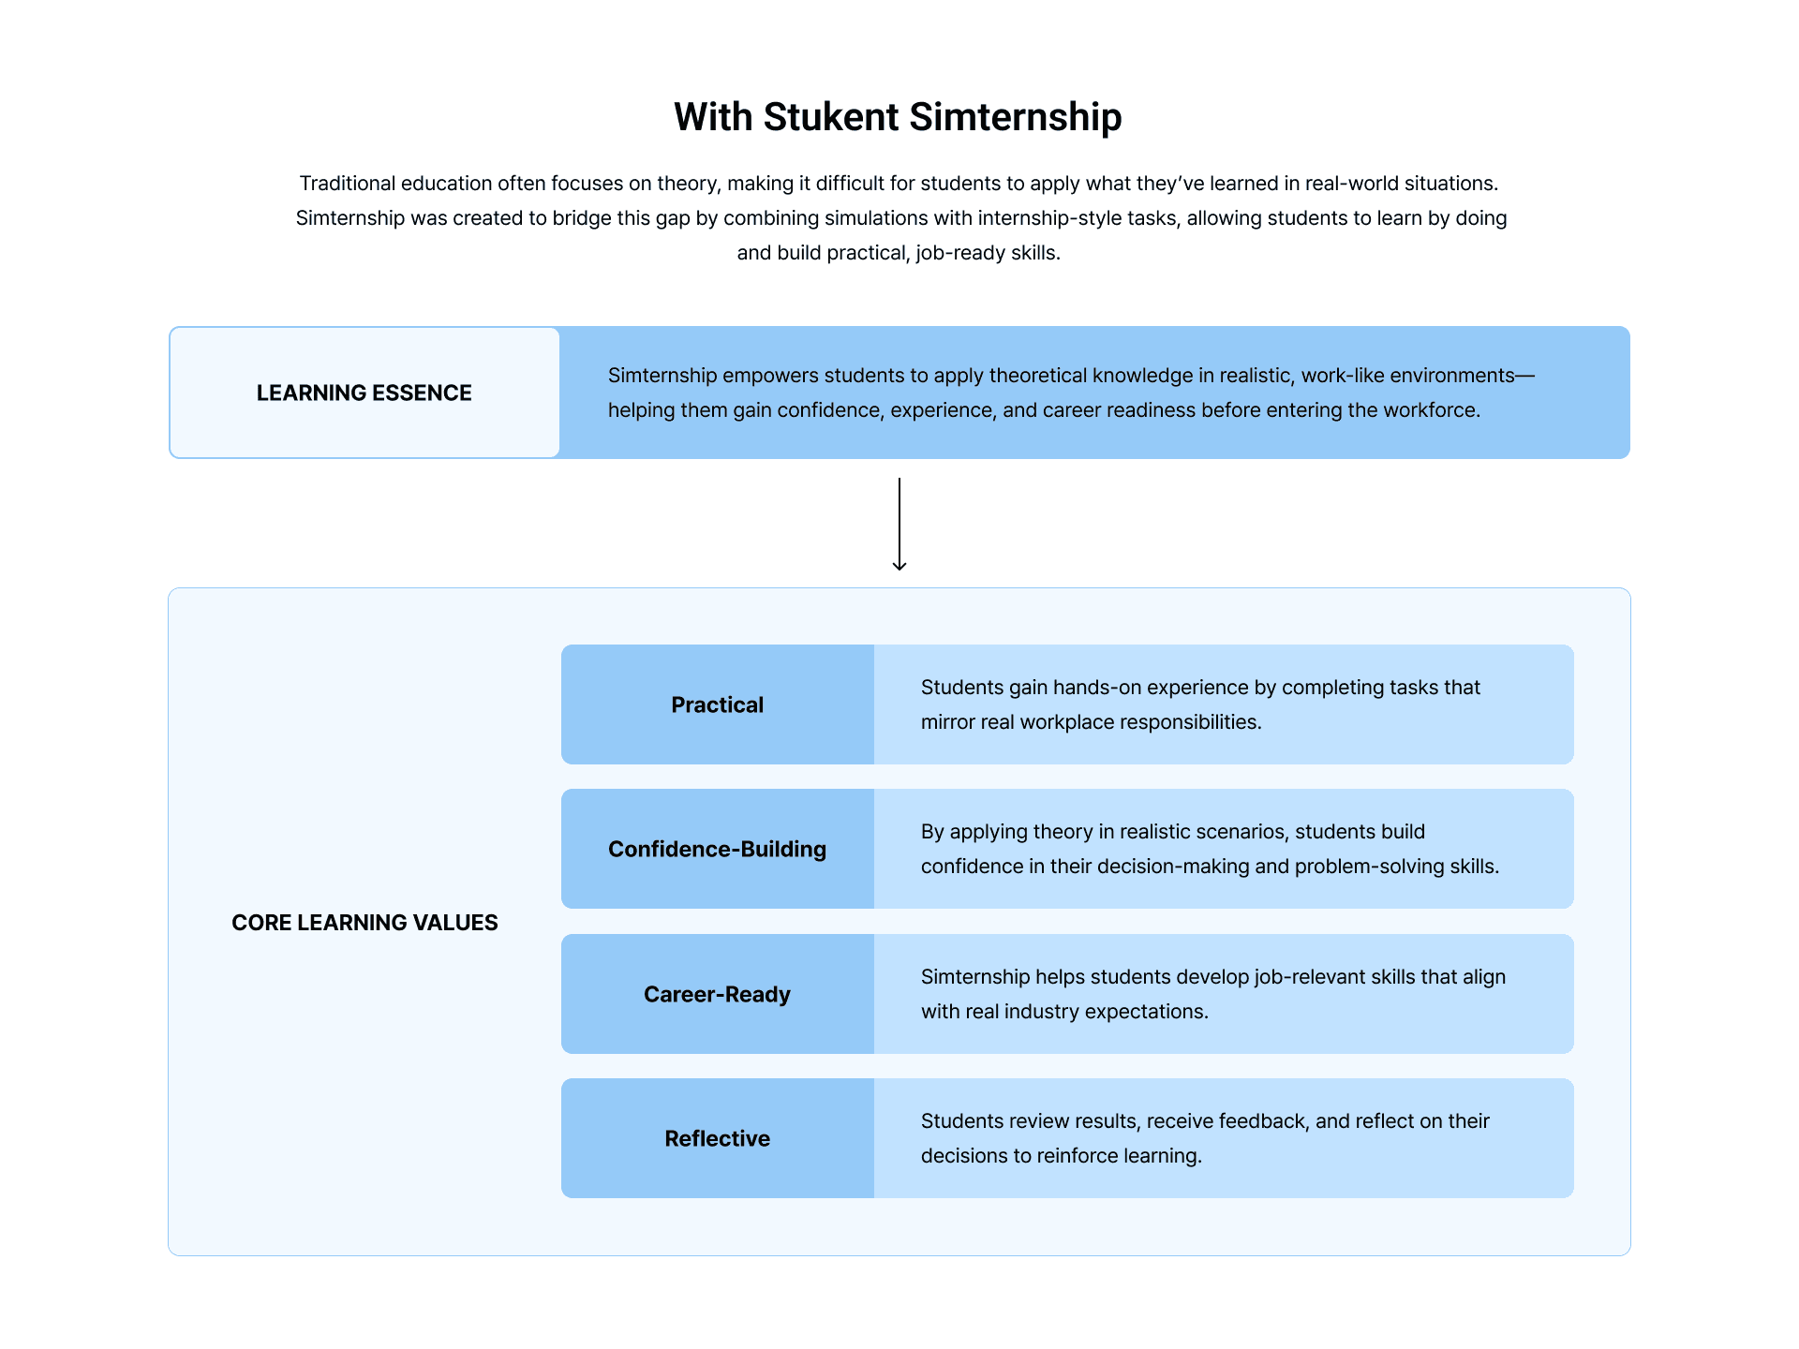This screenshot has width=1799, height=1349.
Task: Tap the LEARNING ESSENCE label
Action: click(x=364, y=393)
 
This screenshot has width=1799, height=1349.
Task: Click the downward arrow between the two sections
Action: click(x=899, y=524)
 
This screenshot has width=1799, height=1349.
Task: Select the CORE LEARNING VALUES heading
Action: click(x=364, y=923)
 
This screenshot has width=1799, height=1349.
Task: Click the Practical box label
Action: click(x=718, y=704)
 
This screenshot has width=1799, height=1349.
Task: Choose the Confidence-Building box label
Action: click(x=718, y=849)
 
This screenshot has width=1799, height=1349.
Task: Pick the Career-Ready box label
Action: click(x=718, y=994)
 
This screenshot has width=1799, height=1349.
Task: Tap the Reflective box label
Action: click(x=718, y=1138)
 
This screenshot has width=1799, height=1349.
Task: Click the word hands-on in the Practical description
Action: click(x=1097, y=688)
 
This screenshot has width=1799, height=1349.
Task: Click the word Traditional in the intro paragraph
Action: click(x=348, y=184)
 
